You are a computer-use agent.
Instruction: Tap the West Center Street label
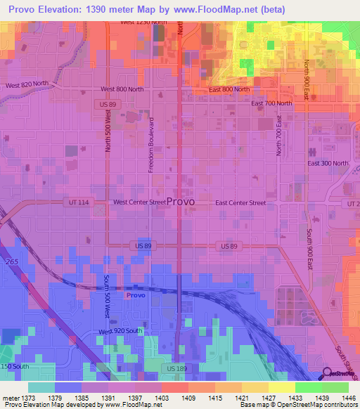[139, 202]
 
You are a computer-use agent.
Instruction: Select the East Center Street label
[240, 202]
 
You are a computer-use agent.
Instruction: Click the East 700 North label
[271, 103]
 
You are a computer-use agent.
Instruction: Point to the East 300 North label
[328, 163]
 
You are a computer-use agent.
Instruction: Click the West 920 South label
[120, 331]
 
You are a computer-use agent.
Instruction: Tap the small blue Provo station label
[136, 296]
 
